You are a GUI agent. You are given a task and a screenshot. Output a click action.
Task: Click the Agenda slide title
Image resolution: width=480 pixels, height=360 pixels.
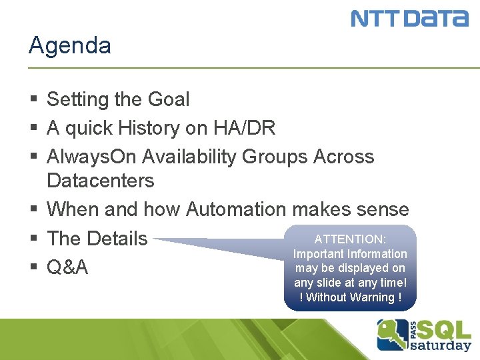point(70,46)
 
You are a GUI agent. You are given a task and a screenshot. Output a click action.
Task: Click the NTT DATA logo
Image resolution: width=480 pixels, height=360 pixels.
point(409,18)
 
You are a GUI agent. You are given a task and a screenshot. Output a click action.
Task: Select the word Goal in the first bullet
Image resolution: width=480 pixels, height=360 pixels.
point(168,99)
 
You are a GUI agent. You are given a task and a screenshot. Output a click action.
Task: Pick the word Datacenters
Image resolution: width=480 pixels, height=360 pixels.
point(100,181)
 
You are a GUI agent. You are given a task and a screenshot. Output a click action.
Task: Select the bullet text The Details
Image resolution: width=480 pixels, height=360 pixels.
point(97,238)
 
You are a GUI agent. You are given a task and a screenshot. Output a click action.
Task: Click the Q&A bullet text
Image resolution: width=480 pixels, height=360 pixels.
point(67,267)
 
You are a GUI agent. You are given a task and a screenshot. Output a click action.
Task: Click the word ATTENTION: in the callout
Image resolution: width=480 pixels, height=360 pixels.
point(350,239)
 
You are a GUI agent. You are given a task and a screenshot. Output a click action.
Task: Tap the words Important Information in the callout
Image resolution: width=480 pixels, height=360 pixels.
point(350,254)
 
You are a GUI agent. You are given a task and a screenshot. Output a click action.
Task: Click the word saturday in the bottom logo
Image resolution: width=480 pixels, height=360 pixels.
point(441,345)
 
